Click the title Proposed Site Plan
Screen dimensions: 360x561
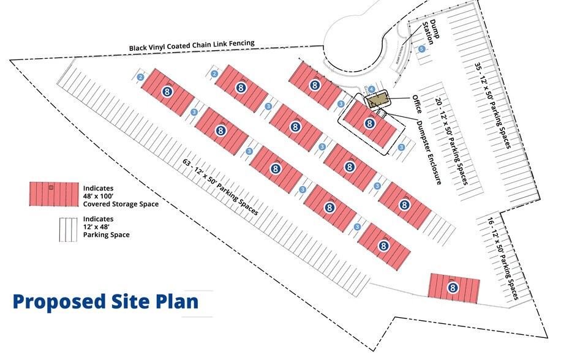point(105,302)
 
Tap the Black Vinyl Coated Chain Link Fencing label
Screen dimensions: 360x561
point(191,45)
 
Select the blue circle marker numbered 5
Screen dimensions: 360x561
point(421,48)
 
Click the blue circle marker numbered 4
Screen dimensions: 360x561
point(371,89)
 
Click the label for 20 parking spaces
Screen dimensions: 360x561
point(450,140)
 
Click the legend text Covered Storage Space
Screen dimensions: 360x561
point(119,204)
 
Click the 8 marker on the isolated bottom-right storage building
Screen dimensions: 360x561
point(453,287)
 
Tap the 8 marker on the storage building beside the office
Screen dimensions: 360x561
point(369,124)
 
